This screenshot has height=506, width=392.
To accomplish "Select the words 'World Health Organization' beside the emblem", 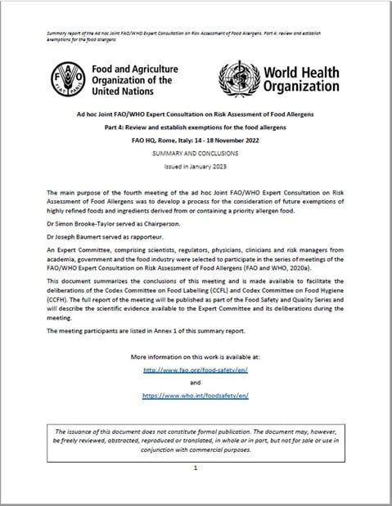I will (300, 79).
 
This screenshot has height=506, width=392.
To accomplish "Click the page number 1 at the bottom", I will (196, 468).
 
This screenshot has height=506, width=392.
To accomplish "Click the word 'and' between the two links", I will (195, 382).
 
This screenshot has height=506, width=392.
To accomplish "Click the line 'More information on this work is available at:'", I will (195, 357).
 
